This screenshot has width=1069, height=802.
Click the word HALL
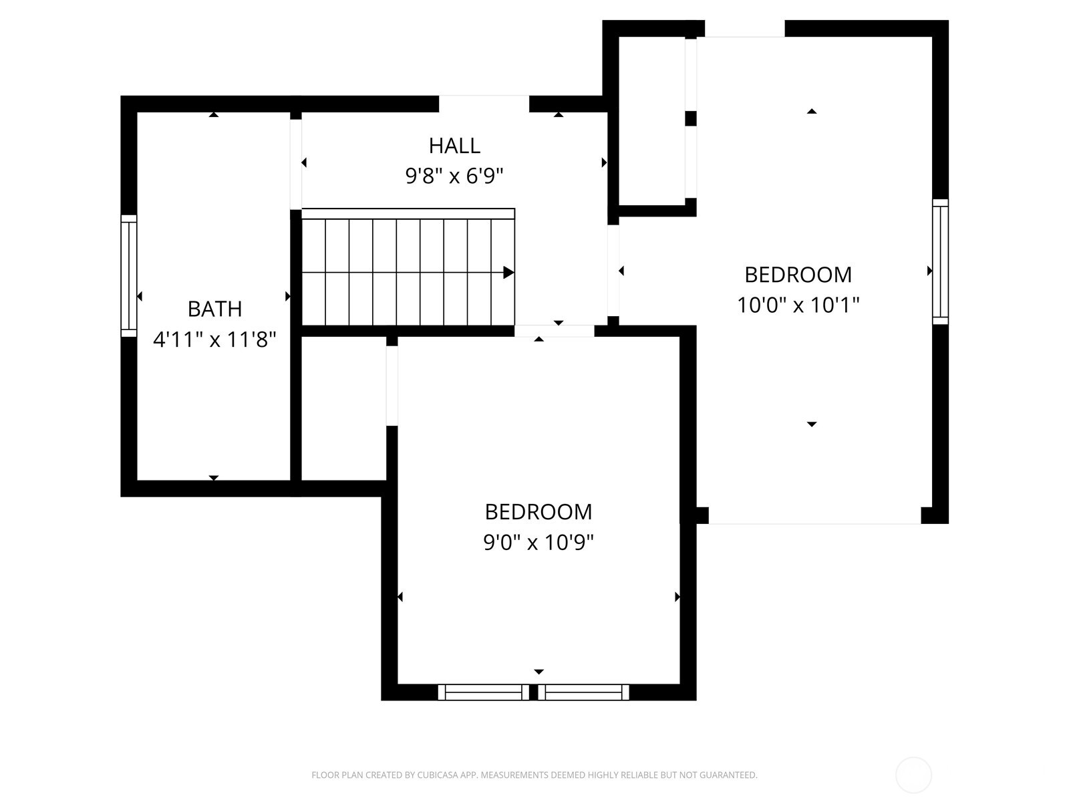pos(454,145)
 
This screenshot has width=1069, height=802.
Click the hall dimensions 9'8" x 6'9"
pos(454,176)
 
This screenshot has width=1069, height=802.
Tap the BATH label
pos(214,309)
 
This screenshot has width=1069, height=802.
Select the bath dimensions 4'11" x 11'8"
pos(214,340)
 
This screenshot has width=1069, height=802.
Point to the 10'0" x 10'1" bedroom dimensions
pos(798,305)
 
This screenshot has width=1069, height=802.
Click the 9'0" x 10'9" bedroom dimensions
pos(539,542)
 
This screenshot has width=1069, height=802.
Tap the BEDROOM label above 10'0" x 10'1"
pos(798,275)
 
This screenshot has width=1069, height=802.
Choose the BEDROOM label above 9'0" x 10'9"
pos(539,512)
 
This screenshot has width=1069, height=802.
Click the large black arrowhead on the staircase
pos(508,273)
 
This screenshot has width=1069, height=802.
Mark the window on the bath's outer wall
pos(128,275)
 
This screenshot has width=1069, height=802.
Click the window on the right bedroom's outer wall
pos(940,261)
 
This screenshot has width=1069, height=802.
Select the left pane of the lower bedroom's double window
pos(483,692)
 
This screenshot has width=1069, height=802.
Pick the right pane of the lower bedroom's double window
pos(583,692)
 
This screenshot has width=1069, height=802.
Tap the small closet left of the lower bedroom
pos(344,408)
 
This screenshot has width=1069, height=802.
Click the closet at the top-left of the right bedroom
pos(651,120)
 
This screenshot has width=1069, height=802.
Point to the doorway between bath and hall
pos(295,164)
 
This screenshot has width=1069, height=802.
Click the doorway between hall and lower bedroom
pos(554,331)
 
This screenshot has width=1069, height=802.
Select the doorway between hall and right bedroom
pos(613,271)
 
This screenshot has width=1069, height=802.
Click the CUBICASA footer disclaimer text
pos(534,775)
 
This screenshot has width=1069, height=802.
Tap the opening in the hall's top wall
pos(484,104)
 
